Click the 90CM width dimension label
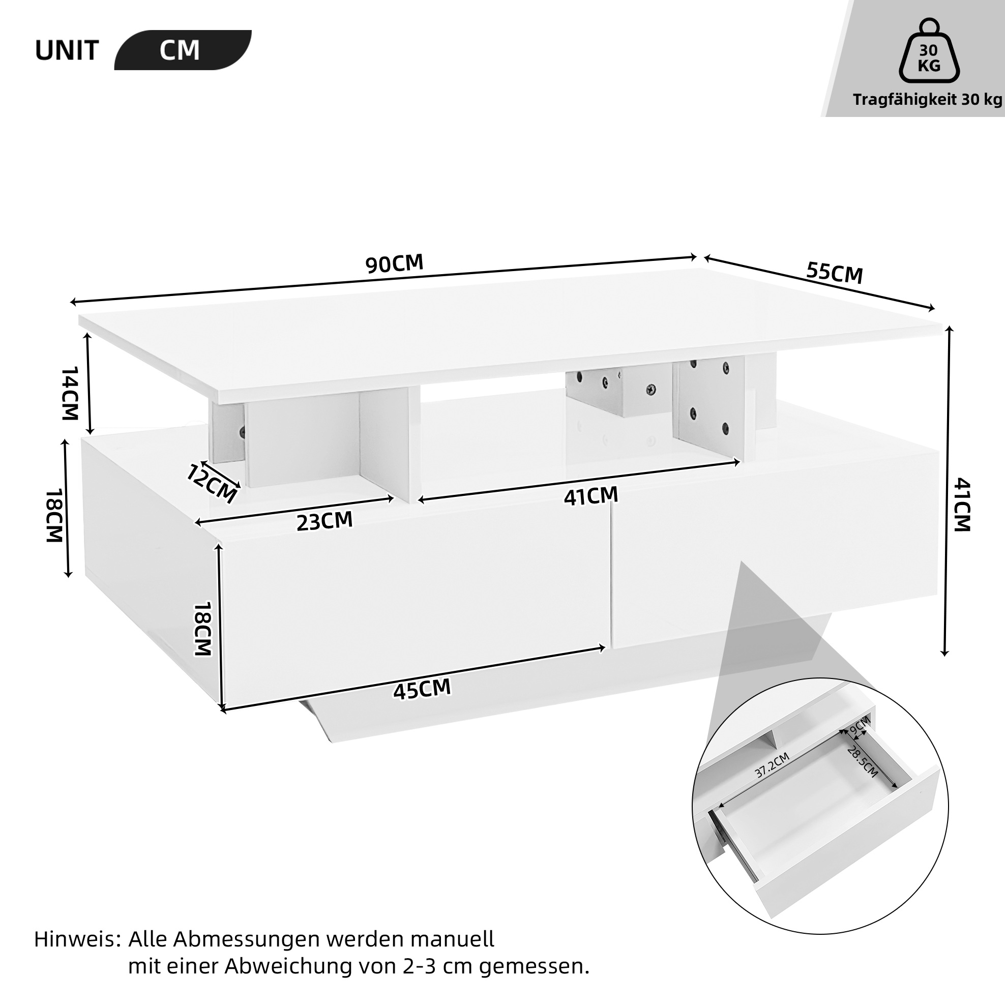394,263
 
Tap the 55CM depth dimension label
835,273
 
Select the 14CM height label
69,393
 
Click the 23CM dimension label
325,521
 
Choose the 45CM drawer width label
422,690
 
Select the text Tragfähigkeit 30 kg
927,100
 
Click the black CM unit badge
183,50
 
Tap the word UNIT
67,51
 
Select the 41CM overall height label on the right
962,505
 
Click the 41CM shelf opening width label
590,496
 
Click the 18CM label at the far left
54,516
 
